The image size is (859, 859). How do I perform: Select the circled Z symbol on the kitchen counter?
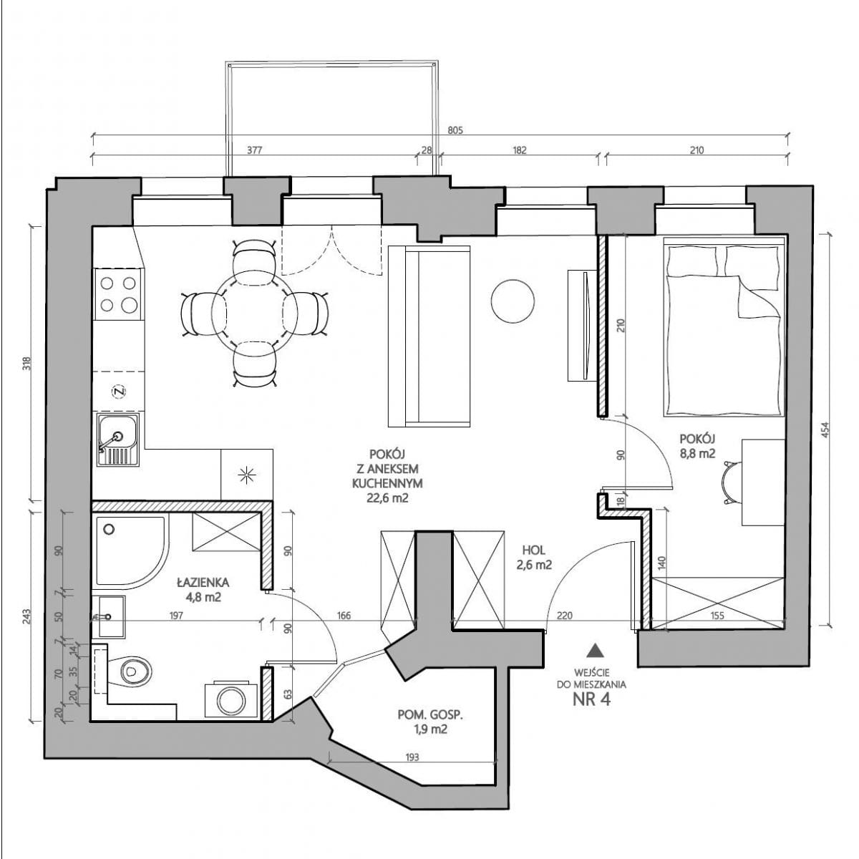[x=119, y=392]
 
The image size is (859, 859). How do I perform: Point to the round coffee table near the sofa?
[x=513, y=301]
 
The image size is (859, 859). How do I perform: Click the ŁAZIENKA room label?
[x=203, y=582]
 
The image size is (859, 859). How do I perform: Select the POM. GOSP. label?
[x=431, y=728]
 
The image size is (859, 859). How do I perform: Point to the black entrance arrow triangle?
[x=595, y=651]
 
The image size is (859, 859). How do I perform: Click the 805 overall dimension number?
[x=455, y=130]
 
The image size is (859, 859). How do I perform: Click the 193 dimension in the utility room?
[x=412, y=757]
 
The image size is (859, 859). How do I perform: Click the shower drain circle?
[x=109, y=529]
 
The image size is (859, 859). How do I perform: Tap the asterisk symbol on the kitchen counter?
[x=246, y=475]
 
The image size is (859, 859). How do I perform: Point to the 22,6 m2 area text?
[x=387, y=498]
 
